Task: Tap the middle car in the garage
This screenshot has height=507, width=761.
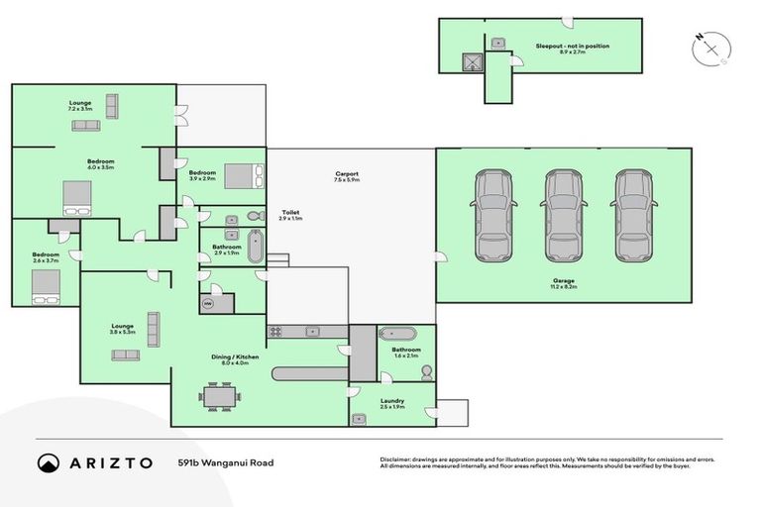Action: [x=563, y=216]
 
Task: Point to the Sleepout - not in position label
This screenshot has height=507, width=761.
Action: [x=572, y=46]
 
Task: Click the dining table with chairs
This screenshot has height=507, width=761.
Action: [x=219, y=395]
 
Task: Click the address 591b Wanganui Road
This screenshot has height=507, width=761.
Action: [x=225, y=462]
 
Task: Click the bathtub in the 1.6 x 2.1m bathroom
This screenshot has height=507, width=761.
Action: [x=402, y=333]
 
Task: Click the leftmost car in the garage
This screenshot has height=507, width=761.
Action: [x=494, y=216]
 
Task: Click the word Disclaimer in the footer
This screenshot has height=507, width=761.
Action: [x=396, y=458]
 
